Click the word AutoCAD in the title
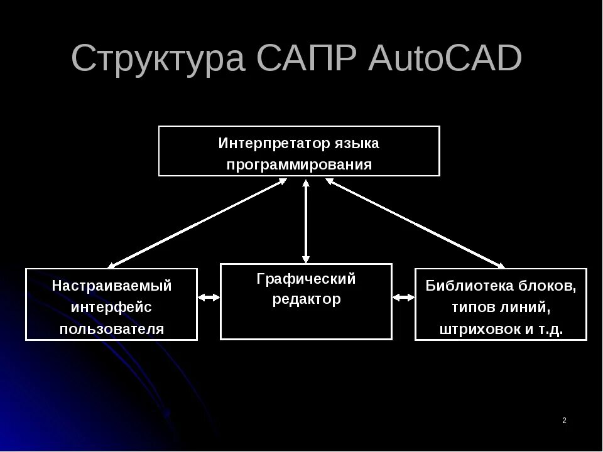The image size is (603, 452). (445, 59)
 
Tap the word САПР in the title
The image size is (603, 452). (307, 59)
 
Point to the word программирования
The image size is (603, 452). (299, 165)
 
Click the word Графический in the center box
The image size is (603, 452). (306, 279)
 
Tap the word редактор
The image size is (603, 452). (306, 299)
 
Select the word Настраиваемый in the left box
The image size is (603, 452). (111, 286)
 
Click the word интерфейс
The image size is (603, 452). (111, 308)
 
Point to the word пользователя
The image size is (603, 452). (111, 329)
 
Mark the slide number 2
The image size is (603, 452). (564, 420)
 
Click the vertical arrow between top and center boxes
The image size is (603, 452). (306, 221)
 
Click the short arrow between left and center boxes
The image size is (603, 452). (209, 298)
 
